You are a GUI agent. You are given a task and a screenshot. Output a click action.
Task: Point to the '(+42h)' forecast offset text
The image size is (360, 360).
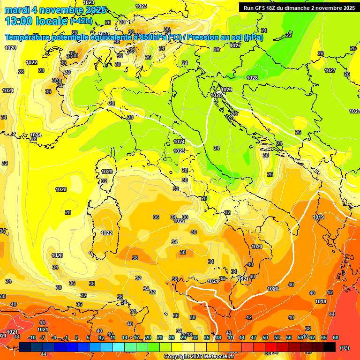click(81, 21)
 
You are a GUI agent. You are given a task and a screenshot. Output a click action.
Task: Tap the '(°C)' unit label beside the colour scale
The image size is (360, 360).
click(345, 348)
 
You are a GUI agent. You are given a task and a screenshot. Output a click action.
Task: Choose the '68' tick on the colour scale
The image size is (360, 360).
click(336, 337)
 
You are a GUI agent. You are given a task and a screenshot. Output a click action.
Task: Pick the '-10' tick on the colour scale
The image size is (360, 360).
click(32, 337)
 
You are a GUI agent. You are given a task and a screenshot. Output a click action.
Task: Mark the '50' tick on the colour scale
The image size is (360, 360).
click(265, 337)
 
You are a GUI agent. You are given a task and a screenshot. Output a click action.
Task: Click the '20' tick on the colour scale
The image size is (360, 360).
click(148, 337)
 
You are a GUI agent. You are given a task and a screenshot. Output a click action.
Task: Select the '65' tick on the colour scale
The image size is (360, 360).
click(324, 337)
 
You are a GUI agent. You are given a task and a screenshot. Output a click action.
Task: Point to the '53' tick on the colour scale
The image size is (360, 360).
click(277, 337)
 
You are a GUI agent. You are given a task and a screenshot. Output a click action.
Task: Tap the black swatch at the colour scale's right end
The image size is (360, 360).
click(330, 347)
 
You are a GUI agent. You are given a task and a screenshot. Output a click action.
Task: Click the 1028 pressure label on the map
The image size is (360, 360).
click(252, 78)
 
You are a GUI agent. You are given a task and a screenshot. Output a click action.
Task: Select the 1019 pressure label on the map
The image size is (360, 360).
click(319, 217)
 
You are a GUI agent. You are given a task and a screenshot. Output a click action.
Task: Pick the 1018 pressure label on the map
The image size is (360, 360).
click(321, 301)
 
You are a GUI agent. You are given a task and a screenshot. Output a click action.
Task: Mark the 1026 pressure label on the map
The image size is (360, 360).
click(227, 90)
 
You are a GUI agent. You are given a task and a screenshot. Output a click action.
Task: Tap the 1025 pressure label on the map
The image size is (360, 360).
click(216, 95)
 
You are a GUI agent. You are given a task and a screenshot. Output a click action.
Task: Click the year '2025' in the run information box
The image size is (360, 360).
click(346, 7)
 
